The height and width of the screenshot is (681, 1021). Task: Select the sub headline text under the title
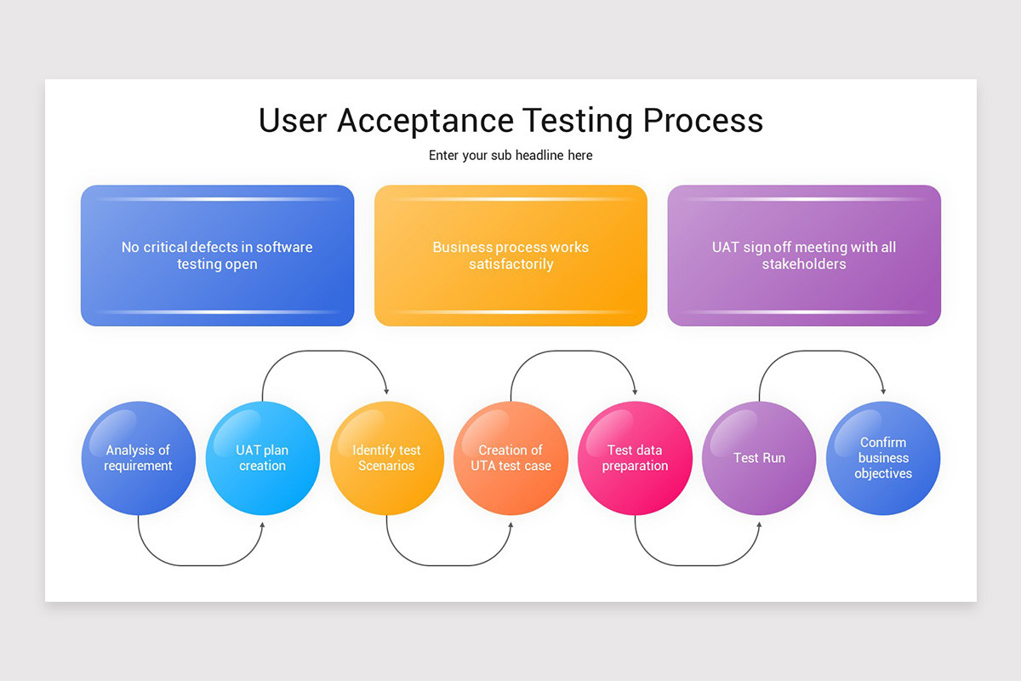[510, 156]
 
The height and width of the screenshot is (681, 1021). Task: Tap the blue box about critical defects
[217, 255]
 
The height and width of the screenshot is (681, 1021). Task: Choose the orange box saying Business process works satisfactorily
[510, 255]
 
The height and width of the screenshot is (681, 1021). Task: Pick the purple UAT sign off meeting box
[804, 255]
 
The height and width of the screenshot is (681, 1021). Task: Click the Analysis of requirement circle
[138, 458]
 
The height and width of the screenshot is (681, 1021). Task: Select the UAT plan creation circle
[262, 458]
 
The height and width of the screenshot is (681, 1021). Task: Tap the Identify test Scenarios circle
[386, 458]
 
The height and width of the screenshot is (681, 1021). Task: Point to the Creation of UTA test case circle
[510, 458]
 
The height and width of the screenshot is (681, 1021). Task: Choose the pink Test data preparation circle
[635, 458]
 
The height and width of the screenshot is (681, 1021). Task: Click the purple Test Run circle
[759, 458]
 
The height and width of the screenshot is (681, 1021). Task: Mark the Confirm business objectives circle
[883, 458]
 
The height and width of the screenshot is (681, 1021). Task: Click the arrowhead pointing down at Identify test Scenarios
[386, 391]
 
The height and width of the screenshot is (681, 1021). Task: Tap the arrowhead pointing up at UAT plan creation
[262, 525]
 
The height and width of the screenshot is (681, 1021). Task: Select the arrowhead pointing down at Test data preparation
[635, 391]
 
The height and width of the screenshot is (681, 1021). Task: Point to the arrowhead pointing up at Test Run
[759, 525]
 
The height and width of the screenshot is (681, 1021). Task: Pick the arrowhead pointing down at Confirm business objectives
[883, 391]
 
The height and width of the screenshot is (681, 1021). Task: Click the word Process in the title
[703, 121]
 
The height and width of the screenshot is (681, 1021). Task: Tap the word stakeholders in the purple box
[804, 265]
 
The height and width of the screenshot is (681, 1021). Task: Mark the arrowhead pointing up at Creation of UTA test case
[510, 525]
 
